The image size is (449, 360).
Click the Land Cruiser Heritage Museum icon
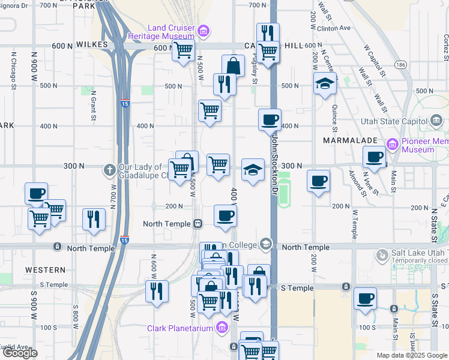click(204, 31)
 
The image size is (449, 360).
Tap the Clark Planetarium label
click(179, 328)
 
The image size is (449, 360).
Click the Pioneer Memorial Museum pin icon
click(393, 144)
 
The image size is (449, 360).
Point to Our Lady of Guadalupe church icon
click(110, 170)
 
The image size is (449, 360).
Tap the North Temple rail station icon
click(197, 224)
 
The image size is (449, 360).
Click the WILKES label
click(92, 45)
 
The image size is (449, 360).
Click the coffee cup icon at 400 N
click(270, 118)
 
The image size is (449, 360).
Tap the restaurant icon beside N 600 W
click(157, 292)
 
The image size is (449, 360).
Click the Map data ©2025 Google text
click(411, 355)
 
